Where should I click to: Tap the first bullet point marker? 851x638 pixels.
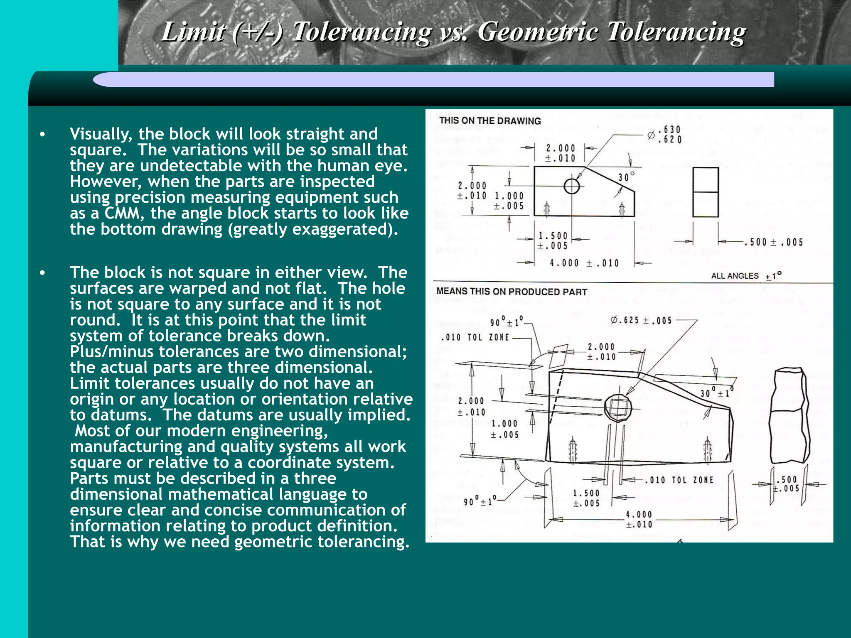point(42,135)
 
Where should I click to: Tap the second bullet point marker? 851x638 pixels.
point(42,273)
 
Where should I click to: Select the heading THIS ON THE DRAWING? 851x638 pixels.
point(490,121)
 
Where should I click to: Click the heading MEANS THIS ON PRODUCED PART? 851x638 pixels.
point(512,292)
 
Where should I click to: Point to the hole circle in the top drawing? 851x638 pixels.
point(572,186)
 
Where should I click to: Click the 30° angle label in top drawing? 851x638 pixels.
point(626,177)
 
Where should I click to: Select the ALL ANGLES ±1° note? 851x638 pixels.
point(746,276)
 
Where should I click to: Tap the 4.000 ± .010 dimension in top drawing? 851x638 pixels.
point(584,263)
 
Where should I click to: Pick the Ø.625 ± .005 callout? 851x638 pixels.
point(641,320)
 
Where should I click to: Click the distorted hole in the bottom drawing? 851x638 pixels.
point(617,407)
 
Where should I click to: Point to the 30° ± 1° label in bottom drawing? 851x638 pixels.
point(717,393)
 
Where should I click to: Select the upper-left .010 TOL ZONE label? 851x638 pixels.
point(475,337)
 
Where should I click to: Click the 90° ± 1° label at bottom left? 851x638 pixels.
point(480,501)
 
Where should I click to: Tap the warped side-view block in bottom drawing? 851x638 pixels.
point(790,415)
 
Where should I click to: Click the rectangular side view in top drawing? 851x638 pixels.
point(706,192)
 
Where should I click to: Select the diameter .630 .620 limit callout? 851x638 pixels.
point(665,135)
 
